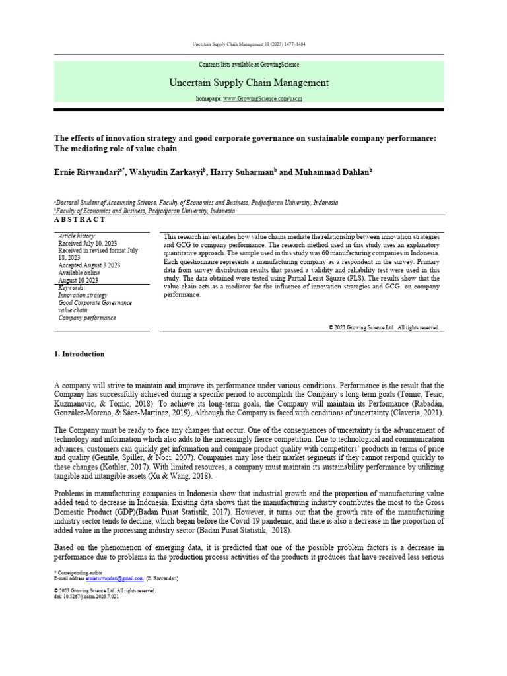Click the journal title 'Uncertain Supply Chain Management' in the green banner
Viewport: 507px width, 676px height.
pos(249,83)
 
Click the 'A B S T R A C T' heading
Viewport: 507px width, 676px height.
pos(80,219)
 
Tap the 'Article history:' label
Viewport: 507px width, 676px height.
pos(77,236)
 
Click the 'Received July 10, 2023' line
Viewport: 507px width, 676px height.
pos(87,243)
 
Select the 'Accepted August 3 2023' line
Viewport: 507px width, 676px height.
pos(89,265)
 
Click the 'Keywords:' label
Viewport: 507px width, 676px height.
pos(71,288)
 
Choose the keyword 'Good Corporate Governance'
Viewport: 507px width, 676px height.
pos(95,303)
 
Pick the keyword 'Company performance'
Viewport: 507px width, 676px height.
pos(87,318)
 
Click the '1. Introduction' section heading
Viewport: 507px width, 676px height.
pos(79,354)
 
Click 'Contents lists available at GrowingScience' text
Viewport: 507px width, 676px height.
pos(249,65)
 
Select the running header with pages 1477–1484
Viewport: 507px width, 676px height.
pos(249,44)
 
